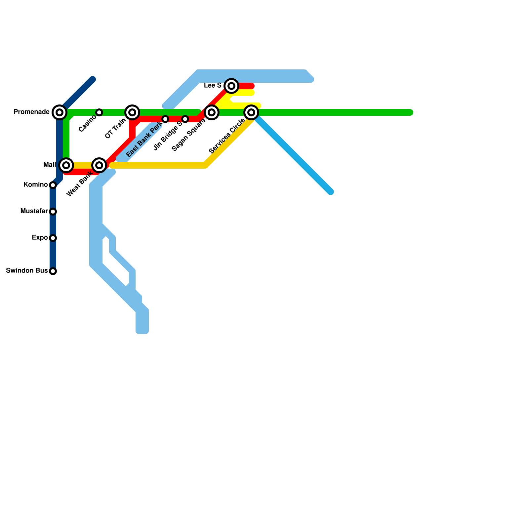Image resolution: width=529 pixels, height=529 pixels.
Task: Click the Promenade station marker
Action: click(x=60, y=112)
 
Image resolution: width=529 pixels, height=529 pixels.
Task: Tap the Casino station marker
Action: click(x=99, y=112)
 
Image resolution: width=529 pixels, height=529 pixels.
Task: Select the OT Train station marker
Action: click(x=132, y=112)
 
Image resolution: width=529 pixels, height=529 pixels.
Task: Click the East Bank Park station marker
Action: click(x=165, y=119)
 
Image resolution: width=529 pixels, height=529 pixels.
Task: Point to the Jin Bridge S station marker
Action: click(x=185, y=119)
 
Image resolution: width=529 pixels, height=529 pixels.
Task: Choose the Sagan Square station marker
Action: click(x=212, y=112)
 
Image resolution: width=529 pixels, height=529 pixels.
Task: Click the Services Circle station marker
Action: click(x=251, y=112)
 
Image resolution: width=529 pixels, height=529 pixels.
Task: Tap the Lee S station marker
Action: click(x=231, y=86)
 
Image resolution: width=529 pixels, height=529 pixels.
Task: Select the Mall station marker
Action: click(x=66, y=165)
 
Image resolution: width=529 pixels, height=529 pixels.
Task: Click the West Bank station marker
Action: click(x=99, y=165)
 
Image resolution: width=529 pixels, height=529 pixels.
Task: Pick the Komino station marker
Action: click(x=53, y=185)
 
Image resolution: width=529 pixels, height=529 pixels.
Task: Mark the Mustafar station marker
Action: click(x=53, y=212)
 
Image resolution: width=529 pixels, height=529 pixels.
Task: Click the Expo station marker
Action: click(x=53, y=238)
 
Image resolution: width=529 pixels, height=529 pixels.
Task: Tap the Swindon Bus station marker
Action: click(x=53, y=271)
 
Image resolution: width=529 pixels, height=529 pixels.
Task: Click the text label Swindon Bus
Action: click(x=27, y=271)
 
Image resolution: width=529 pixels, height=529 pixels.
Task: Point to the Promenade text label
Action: click(x=31, y=112)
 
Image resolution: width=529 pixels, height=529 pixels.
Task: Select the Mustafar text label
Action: click(x=34, y=211)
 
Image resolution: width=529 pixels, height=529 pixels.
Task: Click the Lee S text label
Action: click(x=213, y=86)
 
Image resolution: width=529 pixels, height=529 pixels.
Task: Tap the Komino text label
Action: click(x=35, y=185)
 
